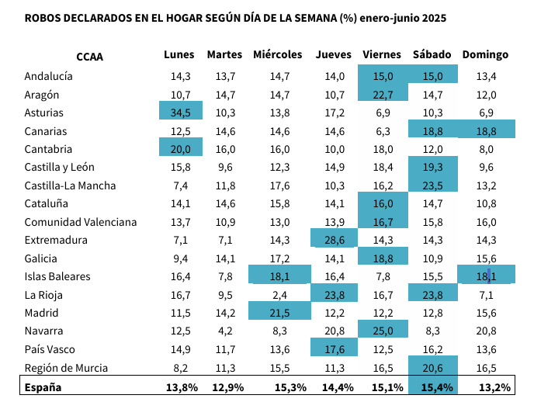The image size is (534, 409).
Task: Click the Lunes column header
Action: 179,55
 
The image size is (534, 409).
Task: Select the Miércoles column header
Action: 277,55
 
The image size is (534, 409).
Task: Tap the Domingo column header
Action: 485,55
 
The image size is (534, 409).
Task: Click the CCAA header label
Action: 90,56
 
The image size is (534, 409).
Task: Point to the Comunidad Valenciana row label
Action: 80,222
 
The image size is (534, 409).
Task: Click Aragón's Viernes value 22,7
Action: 383,95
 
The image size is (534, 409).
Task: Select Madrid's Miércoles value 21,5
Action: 278,313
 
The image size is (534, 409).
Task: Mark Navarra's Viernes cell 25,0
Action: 383,331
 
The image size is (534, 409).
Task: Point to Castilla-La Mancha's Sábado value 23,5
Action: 433,185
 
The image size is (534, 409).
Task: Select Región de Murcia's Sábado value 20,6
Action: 433,367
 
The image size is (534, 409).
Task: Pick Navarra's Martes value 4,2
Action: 226,331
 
